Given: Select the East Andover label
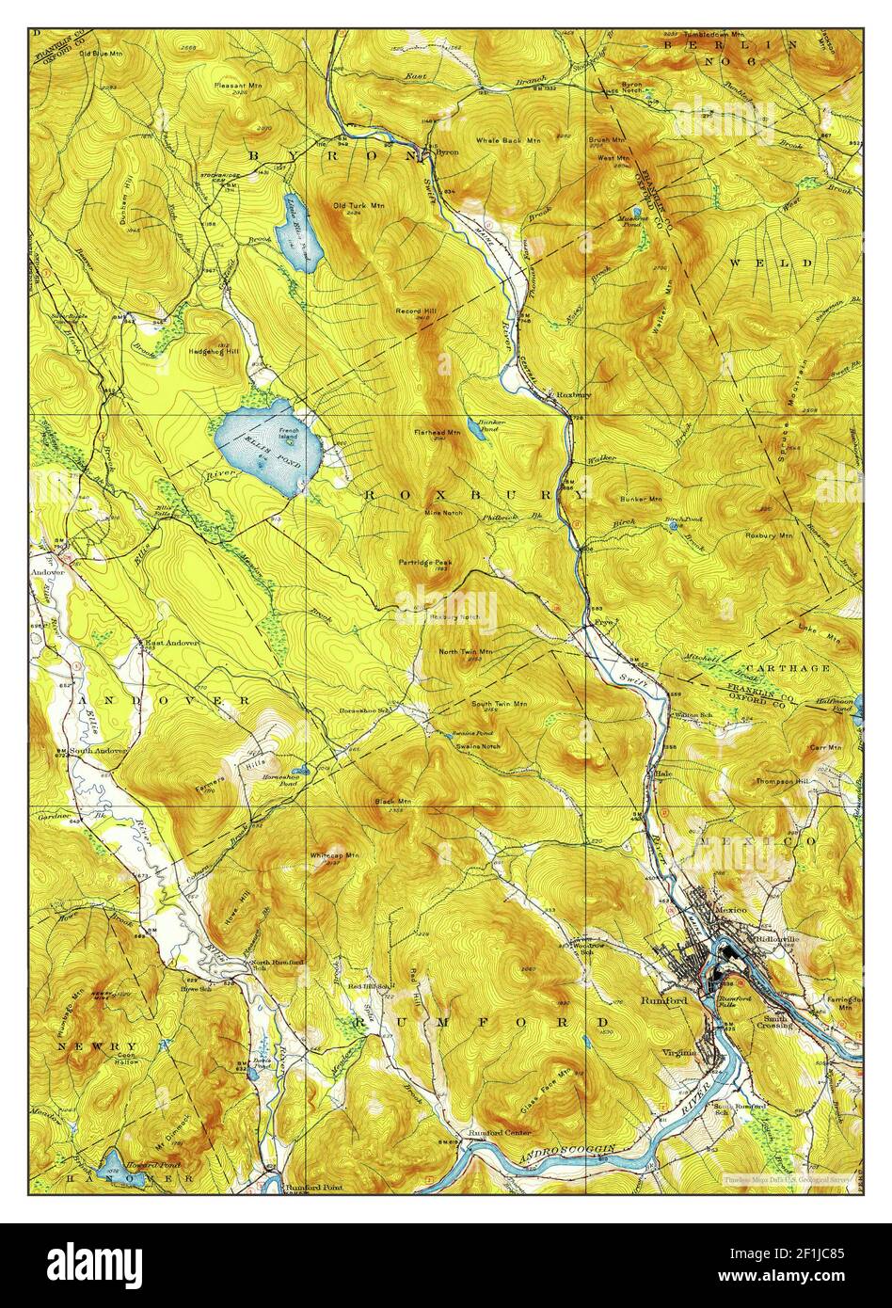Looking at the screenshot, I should [x=171, y=642].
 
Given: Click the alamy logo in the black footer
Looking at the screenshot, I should [x=96, y=1263].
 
